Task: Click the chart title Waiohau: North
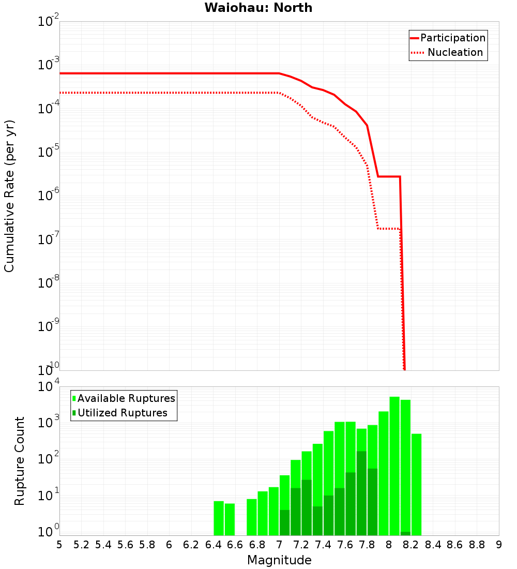(x=258, y=8)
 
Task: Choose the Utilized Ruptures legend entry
(x=122, y=413)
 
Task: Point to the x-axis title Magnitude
(x=279, y=560)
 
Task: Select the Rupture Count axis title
(x=20, y=461)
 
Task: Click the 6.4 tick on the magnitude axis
(x=213, y=545)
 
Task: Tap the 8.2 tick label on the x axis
(x=411, y=545)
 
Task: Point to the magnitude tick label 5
(x=59, y=545)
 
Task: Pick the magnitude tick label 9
(x=499, y=545)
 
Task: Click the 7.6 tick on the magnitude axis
(x=345, y=545)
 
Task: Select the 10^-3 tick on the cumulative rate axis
(x=49, y=65)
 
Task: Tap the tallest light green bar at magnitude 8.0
(x=394, y=466)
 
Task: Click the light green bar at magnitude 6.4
(x=219, y=518)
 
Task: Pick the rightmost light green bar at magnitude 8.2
(x=417, y=484)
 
